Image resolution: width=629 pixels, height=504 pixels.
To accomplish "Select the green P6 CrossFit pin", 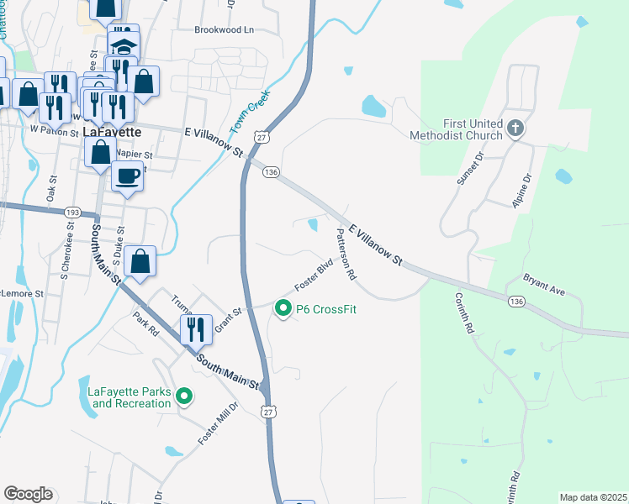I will pyautogui.click(x=283, y=309).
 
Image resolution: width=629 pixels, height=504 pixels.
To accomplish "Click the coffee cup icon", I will pyautogui.click(x=127, y=176).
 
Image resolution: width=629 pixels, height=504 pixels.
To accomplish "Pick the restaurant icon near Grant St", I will pyautogui.click(x=196, y=329).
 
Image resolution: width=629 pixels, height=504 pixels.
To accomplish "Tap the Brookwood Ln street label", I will pyautogui.click(x=224, y=29).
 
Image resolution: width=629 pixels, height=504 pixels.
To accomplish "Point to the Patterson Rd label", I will pyautogui.click(x=346, y=254).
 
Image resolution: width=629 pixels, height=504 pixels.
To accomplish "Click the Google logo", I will pyautogui.click(x=28, y=494).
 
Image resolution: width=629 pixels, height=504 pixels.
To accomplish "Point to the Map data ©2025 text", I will pyautogui.click(x=592, y=497).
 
